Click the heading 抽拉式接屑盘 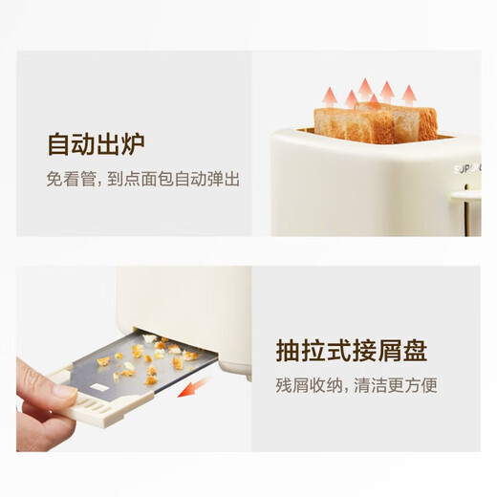coord(351,350)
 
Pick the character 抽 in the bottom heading coord(289,350)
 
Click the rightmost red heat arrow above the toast coord(409,94)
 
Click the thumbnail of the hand coord(64,392)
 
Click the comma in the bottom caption coord(342,388)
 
